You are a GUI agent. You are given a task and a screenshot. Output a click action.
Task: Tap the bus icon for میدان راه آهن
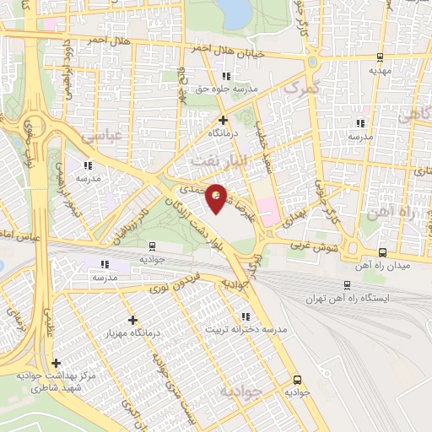382,252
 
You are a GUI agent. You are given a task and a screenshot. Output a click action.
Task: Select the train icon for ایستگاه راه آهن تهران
347,285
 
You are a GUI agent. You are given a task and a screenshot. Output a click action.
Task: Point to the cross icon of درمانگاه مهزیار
132,320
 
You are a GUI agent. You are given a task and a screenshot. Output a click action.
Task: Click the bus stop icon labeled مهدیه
380,57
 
